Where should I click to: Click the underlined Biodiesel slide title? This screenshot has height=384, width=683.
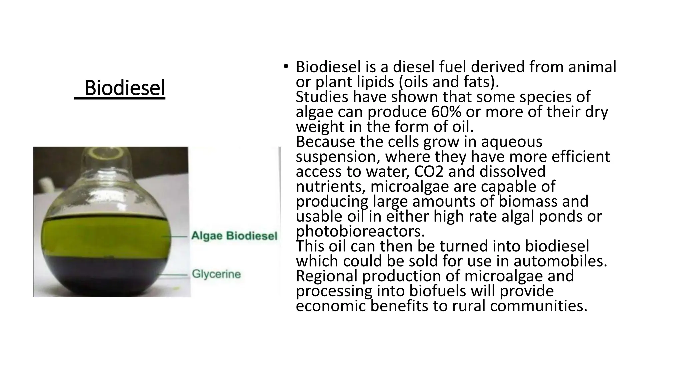coord(124,88)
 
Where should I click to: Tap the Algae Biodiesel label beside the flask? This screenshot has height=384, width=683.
coord(234,236)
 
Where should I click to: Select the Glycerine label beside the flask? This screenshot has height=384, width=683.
coord(216,274)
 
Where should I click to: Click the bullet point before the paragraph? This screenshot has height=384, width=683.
coord(285,67)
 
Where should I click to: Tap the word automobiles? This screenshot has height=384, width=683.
coord(560,261)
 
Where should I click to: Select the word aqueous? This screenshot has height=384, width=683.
coord(511,142)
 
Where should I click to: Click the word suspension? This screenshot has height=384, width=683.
coord(337,157)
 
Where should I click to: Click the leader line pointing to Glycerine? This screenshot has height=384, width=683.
coord(173,275)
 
